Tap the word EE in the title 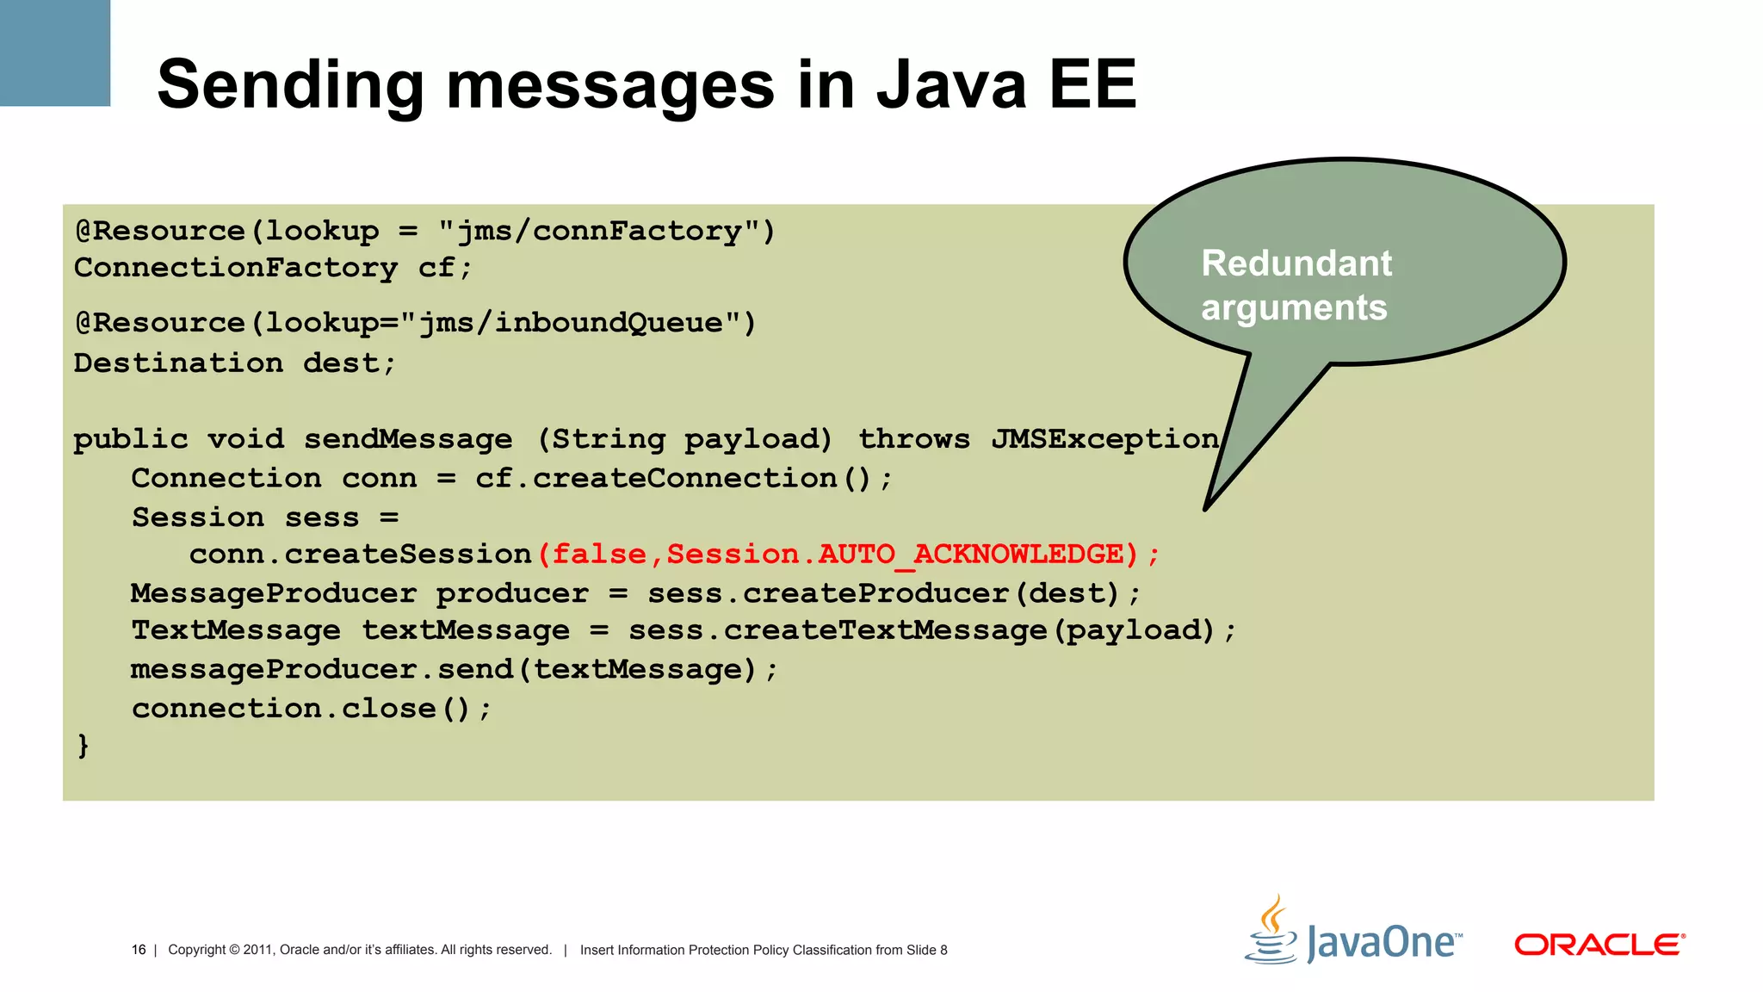click(1092, 84)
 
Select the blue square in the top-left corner click(54, 53)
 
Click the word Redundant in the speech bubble click(1296, 263)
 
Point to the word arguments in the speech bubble click(1294, 307)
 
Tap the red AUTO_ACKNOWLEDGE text click(971, 555)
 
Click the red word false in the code click(598, 555)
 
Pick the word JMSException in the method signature click(1105, 439)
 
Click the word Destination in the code click(178, 363)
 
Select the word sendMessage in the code click(408, 439)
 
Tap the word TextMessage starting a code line click(235, 630)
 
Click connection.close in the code click(284, 709)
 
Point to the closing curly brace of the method click(83, 745)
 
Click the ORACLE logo click(1599, 945)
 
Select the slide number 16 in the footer click(138, 950)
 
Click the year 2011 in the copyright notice click(257, 950)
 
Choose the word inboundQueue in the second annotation click(608, 323)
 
